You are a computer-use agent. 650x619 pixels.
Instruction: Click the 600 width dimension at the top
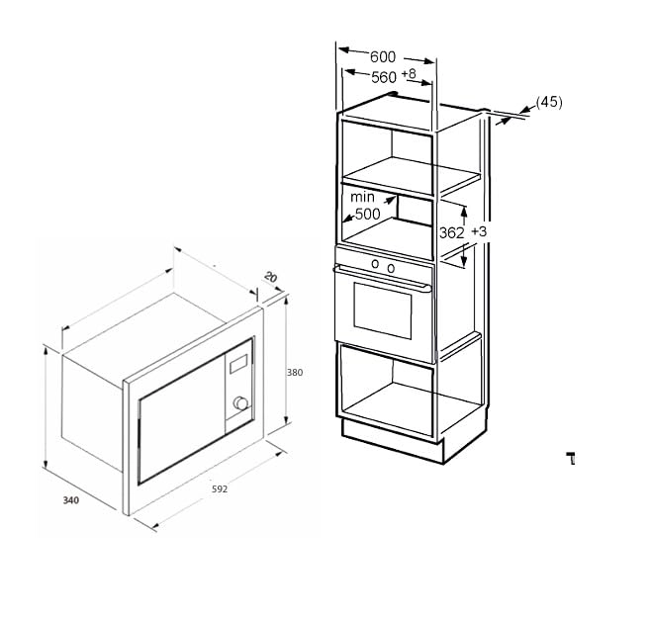pyautogui.click(x=385, y=57)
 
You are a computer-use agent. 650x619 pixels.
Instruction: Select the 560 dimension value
pyautogui.click(x=383, y=77)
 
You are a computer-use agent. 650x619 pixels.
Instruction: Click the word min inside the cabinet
pyautogui.click(x=363, y=198)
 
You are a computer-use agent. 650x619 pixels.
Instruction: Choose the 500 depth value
pyautogui.click(x=367, y=214)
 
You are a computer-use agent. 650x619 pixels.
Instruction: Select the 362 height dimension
pyautogui.click(x=452, y=232)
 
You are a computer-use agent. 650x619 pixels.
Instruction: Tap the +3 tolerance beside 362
pyautogui.click(x=479, y=231)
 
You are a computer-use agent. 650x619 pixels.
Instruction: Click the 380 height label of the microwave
pyautogui.click(x=294, y=373)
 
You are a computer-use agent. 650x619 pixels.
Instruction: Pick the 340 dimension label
pyautogui.click(x=70, y=500)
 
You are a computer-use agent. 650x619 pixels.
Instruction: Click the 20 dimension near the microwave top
pyautogui.click(x=270, y=279)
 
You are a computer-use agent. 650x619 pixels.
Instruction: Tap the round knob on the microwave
pyautogui.click(x=239, y=403)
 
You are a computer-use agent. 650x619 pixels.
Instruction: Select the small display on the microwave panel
pyautogui.click(x=238, y=365)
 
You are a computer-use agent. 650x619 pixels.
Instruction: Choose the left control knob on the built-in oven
pyautogui.click(x=374, y=264)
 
